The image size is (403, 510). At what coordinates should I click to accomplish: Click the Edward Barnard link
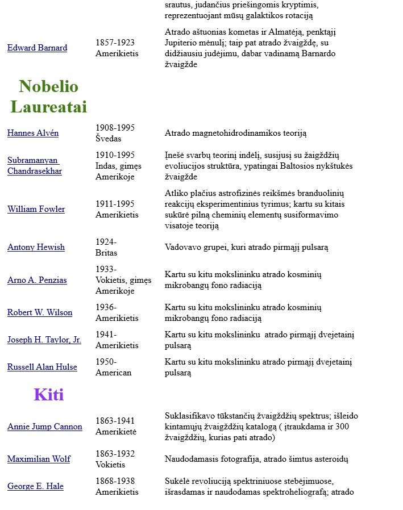coord(37,48)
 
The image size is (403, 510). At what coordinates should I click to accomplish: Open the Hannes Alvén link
coord(33,133)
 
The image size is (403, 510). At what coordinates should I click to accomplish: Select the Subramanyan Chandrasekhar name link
coord(34,166)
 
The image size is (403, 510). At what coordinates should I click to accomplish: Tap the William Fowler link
coord(36,210)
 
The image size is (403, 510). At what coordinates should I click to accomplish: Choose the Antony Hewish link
coord(36,248)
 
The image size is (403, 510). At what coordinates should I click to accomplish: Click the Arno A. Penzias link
coord(37,281)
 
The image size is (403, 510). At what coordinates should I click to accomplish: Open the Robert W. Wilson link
coord(40,313)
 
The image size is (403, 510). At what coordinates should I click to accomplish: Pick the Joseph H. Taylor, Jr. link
coord(44,340)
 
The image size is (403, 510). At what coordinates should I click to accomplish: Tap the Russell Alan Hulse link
coord(42,367)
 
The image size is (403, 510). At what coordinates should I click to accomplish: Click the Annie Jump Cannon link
coord(44,427)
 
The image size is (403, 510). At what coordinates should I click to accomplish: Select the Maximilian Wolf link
coord(39,459)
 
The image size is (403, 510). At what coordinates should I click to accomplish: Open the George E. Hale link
coord(35,487)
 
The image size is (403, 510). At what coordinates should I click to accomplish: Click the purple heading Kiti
coord(49,395)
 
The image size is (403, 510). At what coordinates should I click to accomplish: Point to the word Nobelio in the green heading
coord(48,86)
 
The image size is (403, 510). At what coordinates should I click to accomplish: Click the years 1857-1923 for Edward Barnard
coord(115,43)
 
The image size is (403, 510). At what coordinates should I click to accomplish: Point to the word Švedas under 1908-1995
coord(108,139)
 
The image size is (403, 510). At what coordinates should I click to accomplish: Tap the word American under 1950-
coord(113,373)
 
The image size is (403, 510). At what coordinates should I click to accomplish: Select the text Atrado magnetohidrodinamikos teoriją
coord(235,133)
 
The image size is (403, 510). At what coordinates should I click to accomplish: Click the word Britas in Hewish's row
coord(106,253)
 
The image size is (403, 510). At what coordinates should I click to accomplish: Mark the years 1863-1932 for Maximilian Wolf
coord(115,454)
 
